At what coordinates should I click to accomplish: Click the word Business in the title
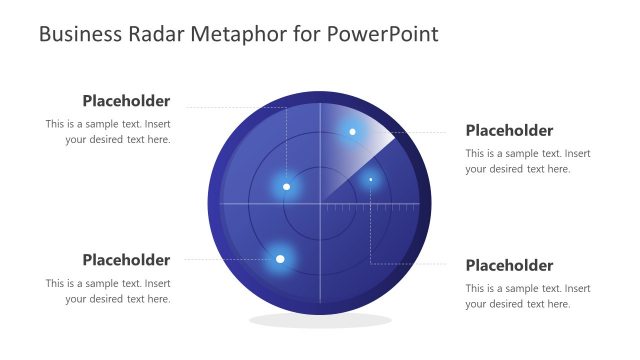[x=78, y=34]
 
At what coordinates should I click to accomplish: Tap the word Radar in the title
[x=155, y=34]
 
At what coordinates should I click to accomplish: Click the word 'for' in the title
[x=308, y=34]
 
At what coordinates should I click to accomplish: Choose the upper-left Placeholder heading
[x=126, y=101]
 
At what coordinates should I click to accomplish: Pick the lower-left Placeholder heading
[x=126, y=260]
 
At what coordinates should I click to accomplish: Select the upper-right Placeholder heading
[x=509, y=130]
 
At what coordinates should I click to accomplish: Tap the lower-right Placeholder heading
[x=509, y=265]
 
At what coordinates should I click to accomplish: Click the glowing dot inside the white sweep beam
[x=352, y=132]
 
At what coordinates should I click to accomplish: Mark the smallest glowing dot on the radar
[x=370, y=180]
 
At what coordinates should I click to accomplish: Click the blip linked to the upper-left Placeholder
[x=287, y=186]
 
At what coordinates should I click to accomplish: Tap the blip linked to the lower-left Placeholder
[x=280, y=259]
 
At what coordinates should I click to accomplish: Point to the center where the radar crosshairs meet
[x=321, y=204]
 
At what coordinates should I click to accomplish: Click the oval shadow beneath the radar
[x=319, y=320]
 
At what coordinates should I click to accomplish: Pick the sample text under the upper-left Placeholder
[x=108, y=132]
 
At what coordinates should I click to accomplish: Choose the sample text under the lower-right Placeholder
[x=527, y=296]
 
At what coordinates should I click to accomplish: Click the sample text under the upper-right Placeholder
[x=527, y=161]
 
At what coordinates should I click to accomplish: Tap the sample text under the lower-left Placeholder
[x=108, y=291]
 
